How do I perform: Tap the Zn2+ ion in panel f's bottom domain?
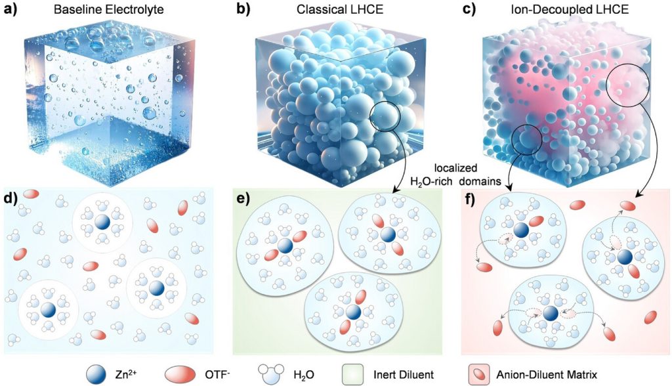tap(549, 313)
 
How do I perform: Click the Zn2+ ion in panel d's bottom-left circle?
tap(48, 311)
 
